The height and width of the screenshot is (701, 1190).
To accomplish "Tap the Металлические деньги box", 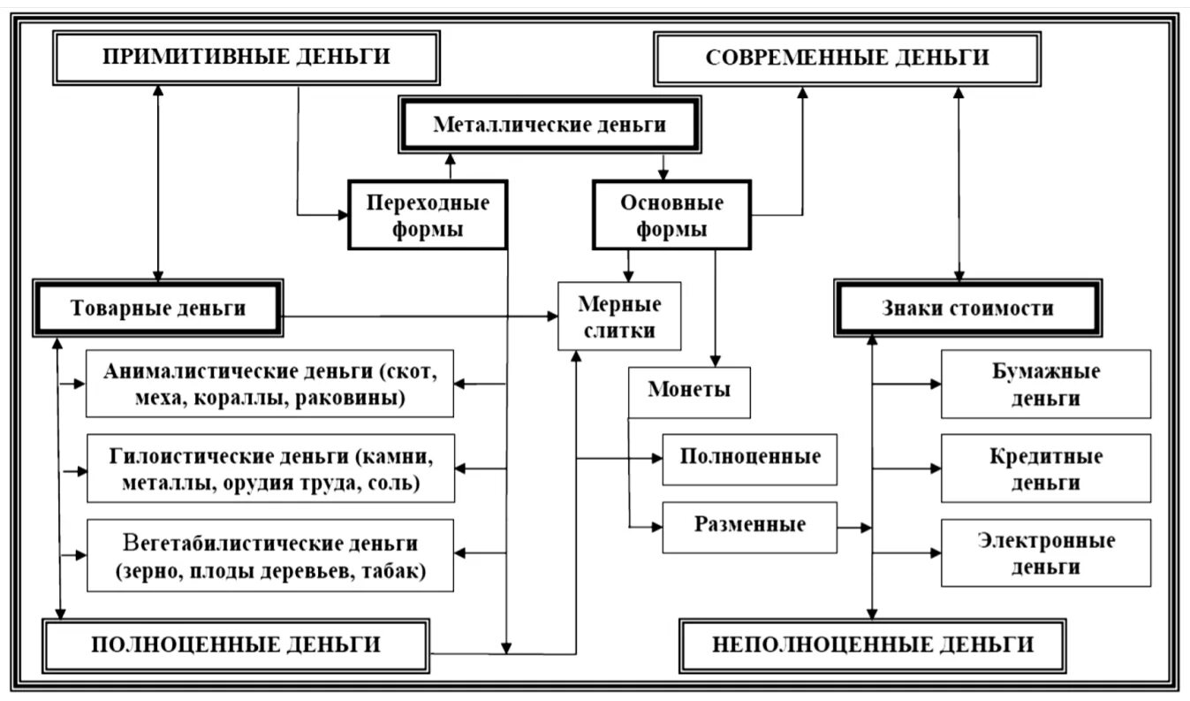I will pyautogui.click(x=549, y=125).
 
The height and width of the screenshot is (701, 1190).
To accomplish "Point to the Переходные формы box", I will pyautogui.click(x=428, y=216).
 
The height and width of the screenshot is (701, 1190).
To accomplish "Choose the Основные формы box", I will pyautogui.click(x=671, y=216).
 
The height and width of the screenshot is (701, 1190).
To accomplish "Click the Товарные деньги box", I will pyautogui.click(x=157, y=308).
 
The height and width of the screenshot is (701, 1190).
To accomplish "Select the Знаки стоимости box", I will pyautogui.click(x=967, y=309).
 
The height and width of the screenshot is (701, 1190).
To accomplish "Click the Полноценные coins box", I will pyautogui.click(x=750, y=458).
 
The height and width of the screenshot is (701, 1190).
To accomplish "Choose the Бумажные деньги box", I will pyautogui.click(x=1046, y=384).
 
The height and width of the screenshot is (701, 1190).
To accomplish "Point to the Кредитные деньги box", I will pyautogui.click(x=1046, y=469).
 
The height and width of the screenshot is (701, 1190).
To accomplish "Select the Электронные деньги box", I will pyautogui.click(x=1046, y=552).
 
